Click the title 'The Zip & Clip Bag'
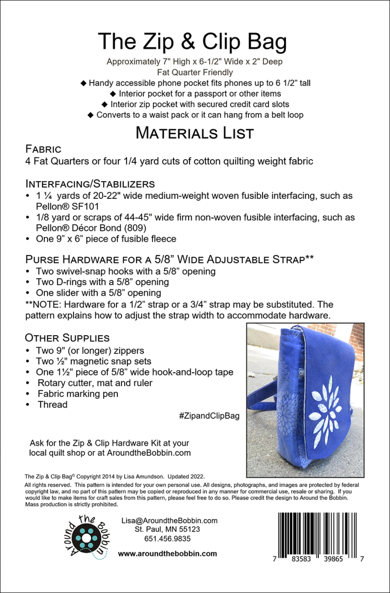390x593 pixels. (x=193, y=42)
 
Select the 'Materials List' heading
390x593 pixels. (x=195, y=133)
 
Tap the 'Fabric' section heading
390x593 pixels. (x=44, y=149)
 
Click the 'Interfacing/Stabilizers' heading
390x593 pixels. (x=90, y=184)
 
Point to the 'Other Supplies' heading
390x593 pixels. (x=67, y=338)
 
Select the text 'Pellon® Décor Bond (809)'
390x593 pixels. (x=91, y=228)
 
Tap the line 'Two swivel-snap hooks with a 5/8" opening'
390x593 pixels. (x=126, y=271)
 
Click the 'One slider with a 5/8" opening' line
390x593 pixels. (x=98, y=293)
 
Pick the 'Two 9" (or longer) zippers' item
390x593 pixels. (x=90, y=351)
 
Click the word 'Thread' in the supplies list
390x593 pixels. (x=53, y=404)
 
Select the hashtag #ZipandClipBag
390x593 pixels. (x=209, y=415)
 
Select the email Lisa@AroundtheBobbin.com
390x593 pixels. (x=169, y=521)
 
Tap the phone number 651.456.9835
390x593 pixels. (x=167, y=539)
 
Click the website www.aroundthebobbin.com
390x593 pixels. (x=167, y=553)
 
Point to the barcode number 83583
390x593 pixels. (x=301, y=559)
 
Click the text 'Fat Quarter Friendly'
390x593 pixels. (x=195, y=72)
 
